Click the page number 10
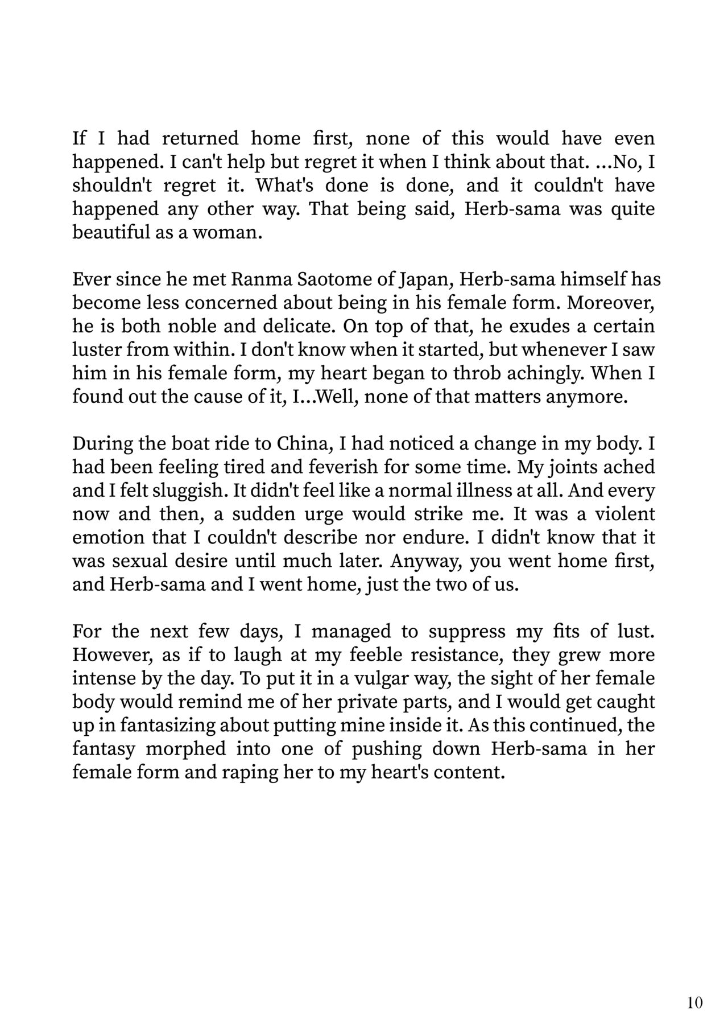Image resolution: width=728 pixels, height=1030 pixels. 695,1002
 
